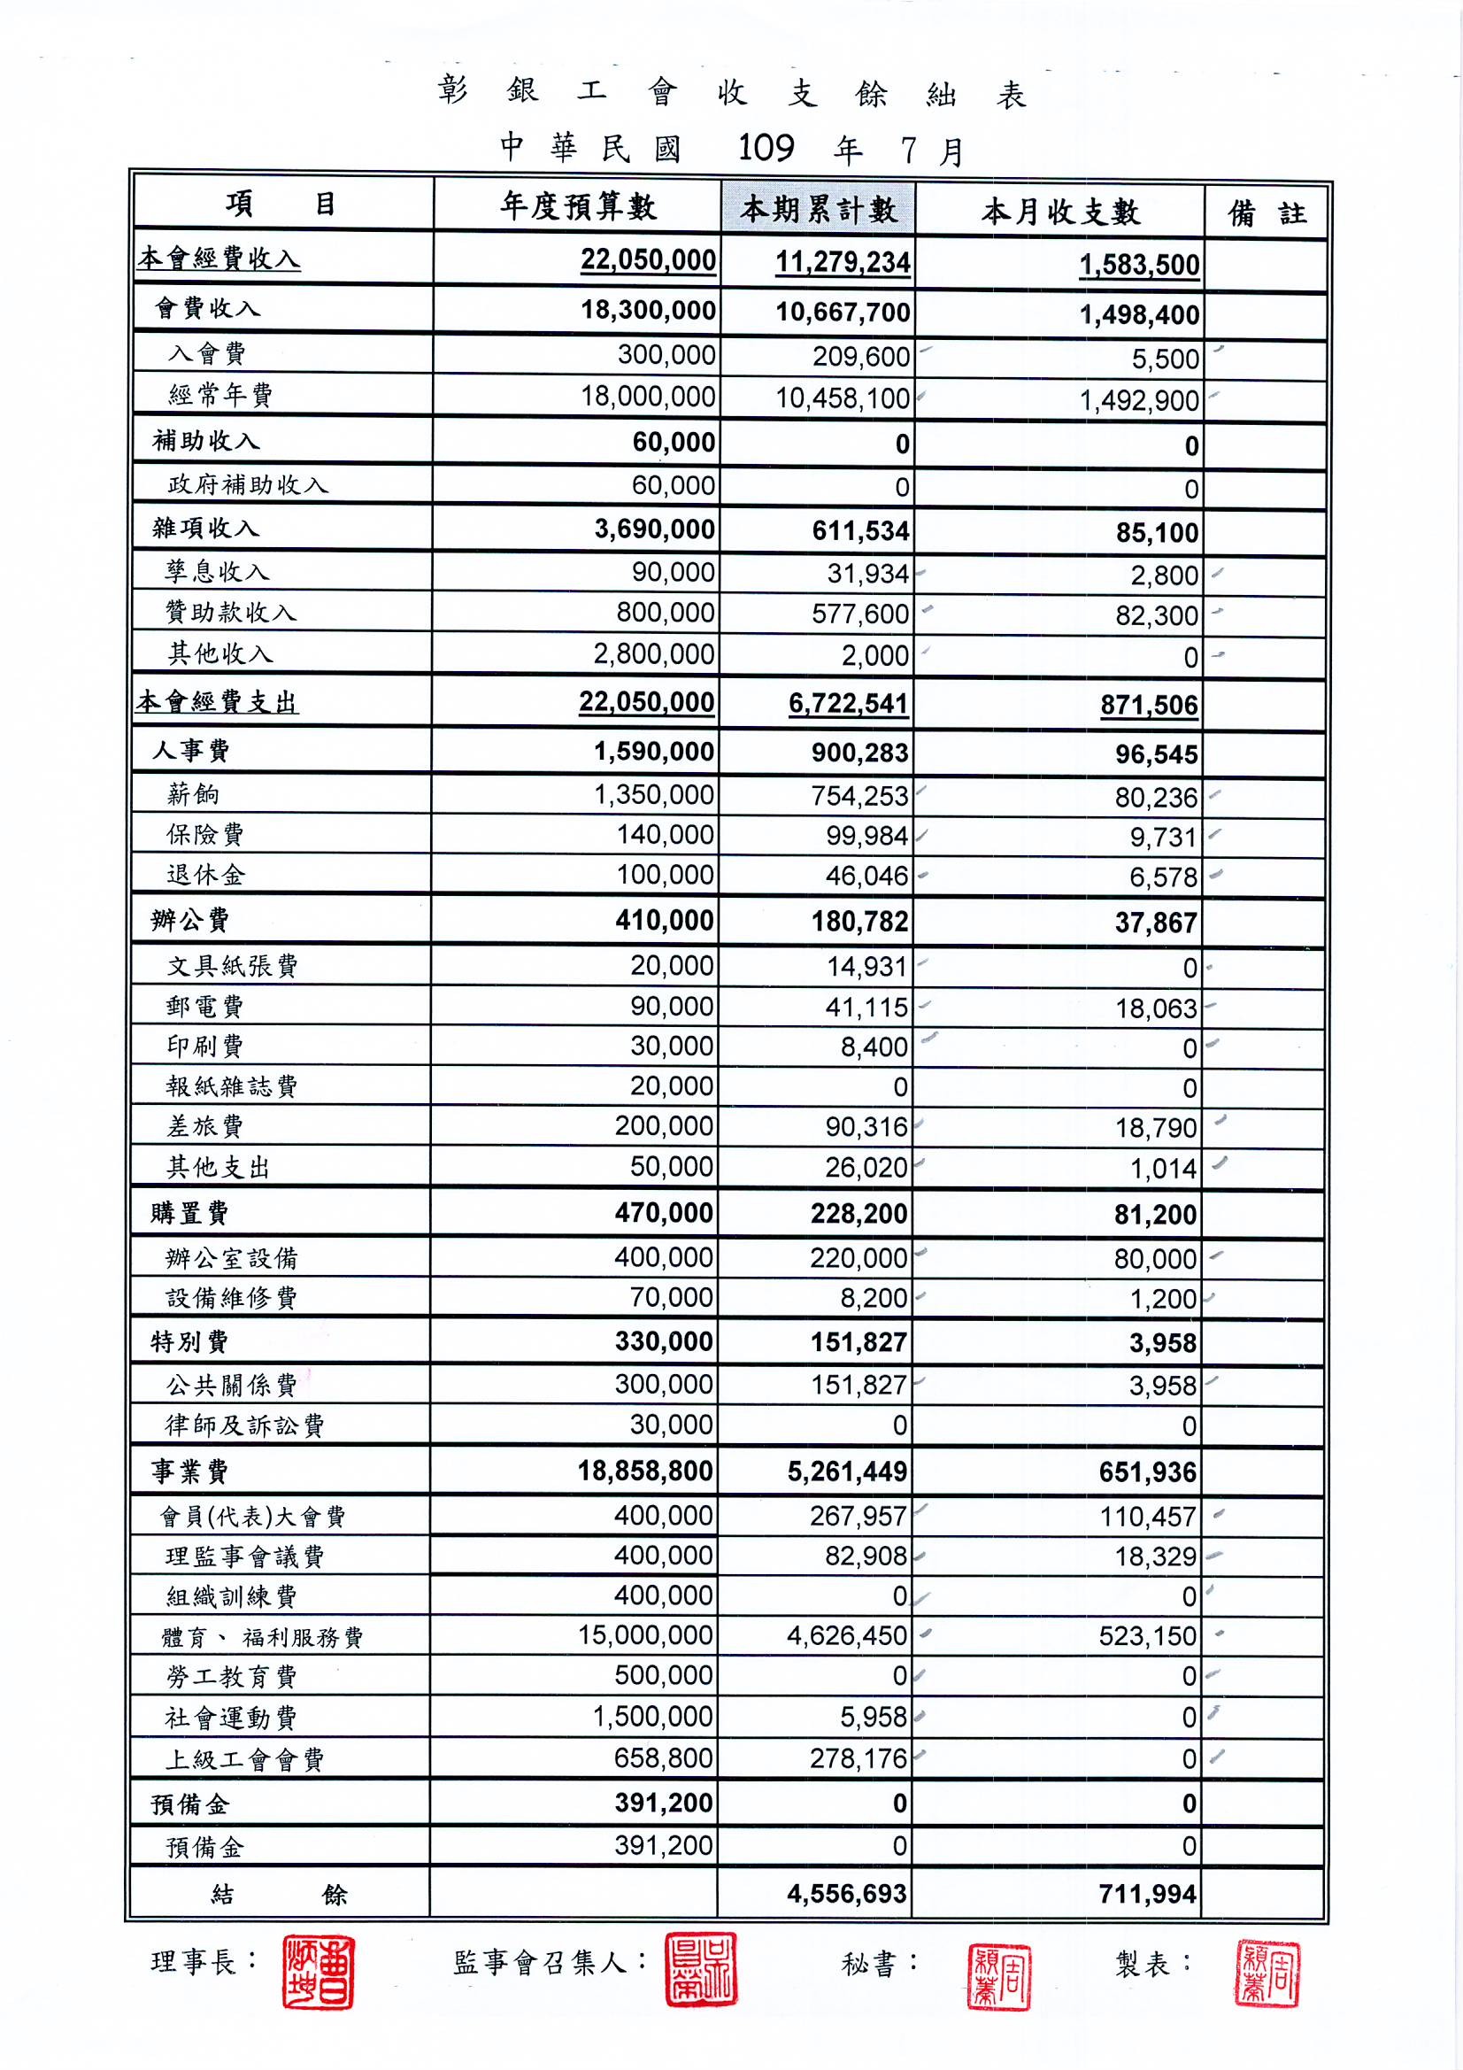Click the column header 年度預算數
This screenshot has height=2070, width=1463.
(578, 207)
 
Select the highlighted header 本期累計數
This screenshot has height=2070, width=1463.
(819, 210)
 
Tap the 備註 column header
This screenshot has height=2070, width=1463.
(1267, 213)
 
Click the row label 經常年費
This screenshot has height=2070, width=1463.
(220, 395)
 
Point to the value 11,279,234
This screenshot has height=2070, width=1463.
(843, 262)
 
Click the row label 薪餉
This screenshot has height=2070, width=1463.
(193, 794)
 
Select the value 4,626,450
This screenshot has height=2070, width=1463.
(846, 1635)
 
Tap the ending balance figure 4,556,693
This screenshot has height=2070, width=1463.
(846, 1893)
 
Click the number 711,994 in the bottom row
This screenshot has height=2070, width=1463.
(1147, 1894)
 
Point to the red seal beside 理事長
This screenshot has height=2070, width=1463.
(319, 1972)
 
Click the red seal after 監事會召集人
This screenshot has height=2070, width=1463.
(700, 1969)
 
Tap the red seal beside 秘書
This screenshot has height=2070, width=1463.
(998, 1976)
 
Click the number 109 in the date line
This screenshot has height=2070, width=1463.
(766, 148)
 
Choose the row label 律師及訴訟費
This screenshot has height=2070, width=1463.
(244, 1425)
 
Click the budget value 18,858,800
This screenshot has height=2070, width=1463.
(645, 1471)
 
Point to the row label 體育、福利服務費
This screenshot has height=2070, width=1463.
(261, 1637)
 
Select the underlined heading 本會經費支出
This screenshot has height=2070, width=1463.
(216, 702)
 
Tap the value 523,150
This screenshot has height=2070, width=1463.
(1147, 1636)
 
